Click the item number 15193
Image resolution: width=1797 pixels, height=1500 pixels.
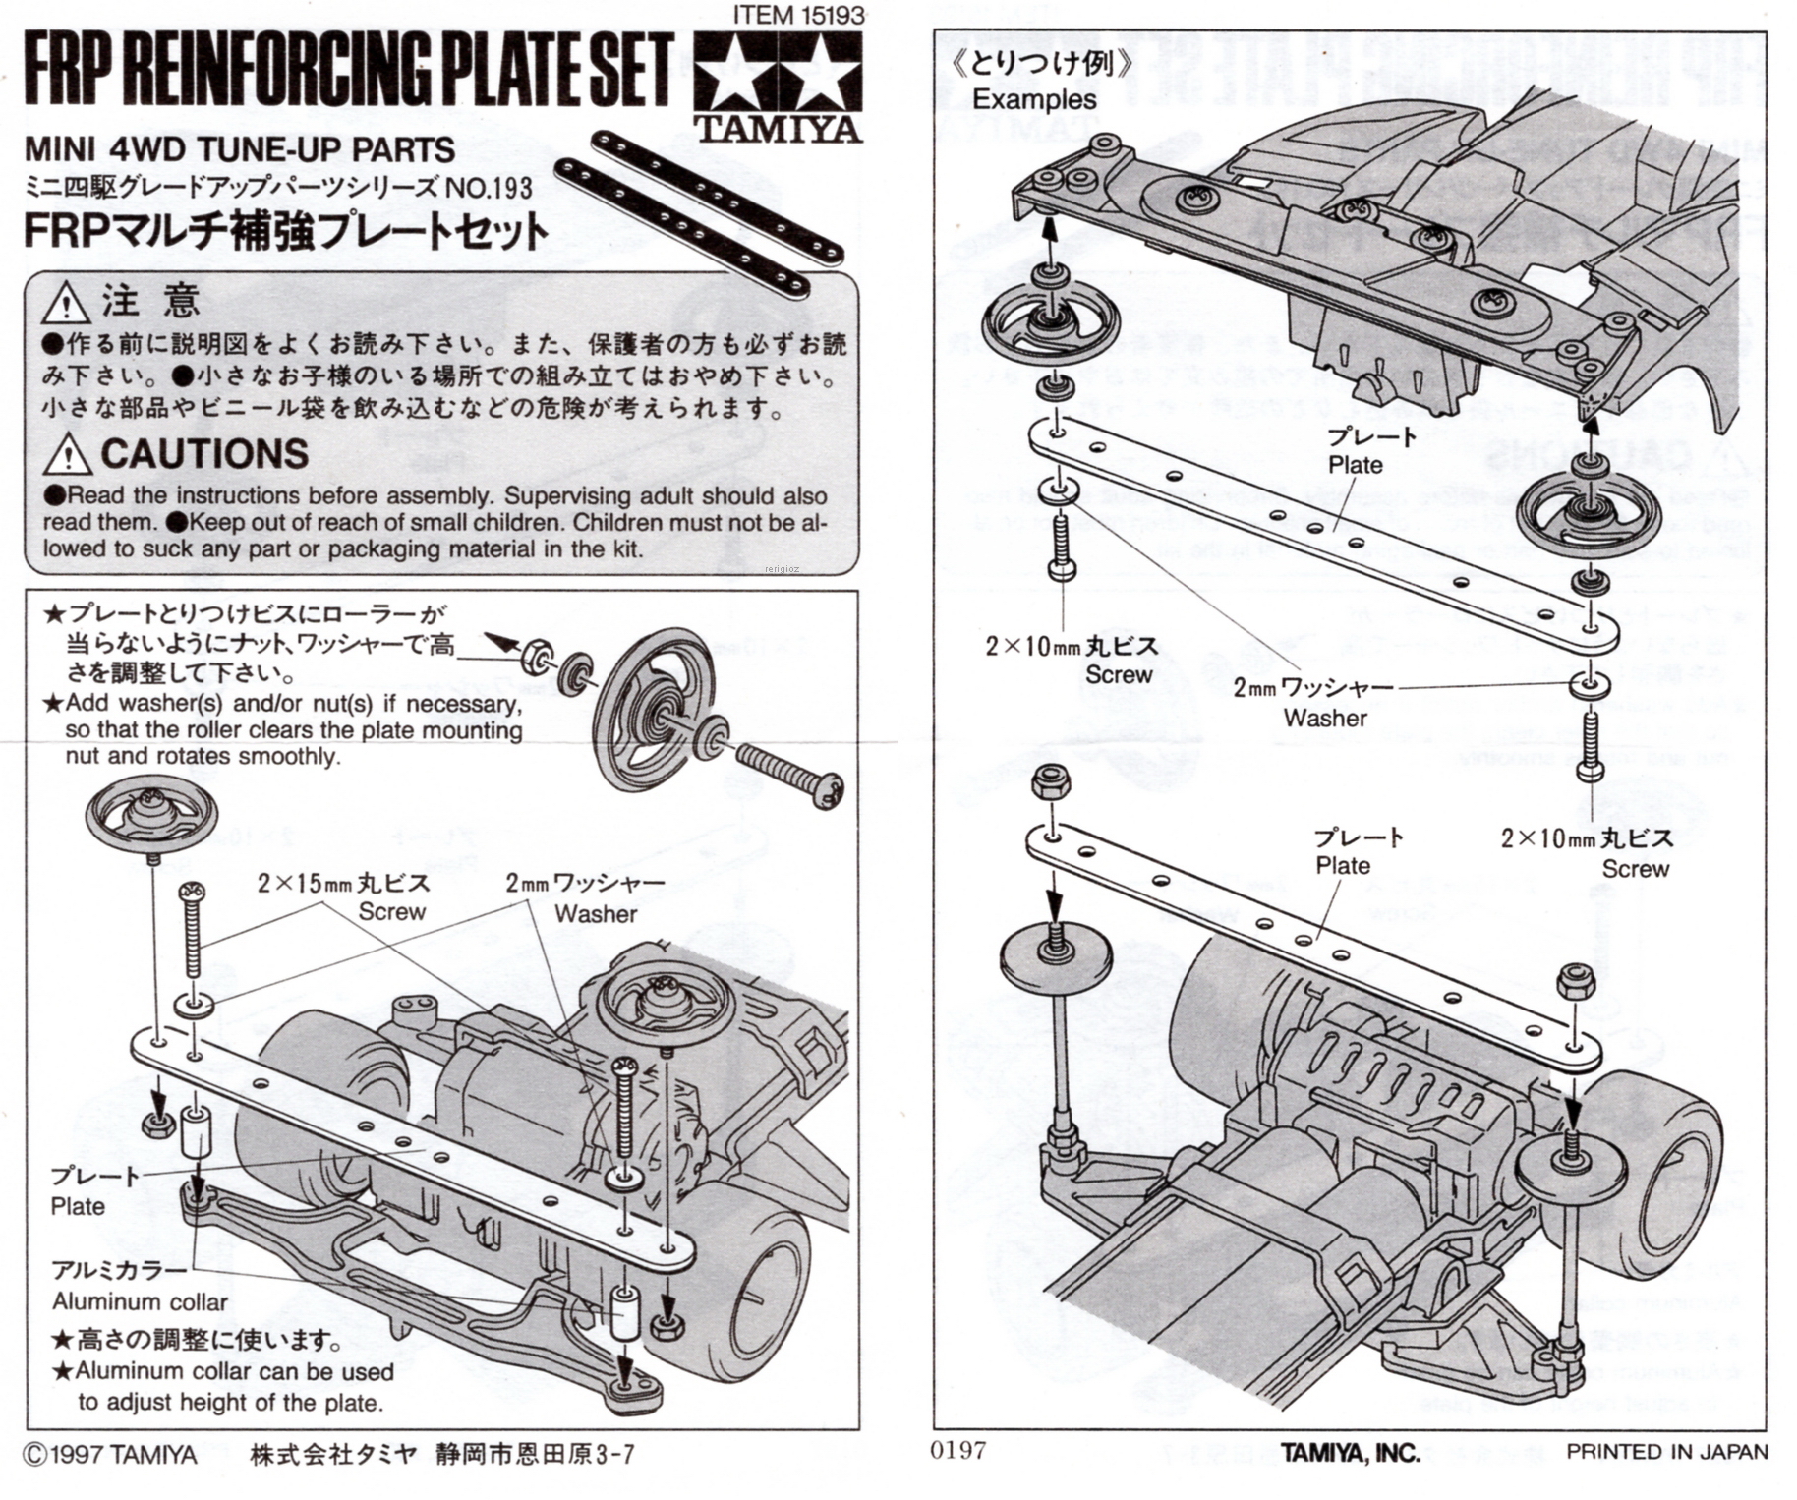coord(798,15)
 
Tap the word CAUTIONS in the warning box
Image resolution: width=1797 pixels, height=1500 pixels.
coord(204,453)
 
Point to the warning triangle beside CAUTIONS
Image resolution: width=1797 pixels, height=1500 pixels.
coord(68,454)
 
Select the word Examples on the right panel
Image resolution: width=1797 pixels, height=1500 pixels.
coord(1034,99)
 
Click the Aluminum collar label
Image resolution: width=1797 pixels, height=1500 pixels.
coord(140,1301)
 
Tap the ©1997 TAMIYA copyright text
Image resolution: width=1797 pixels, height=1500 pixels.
coord(109,1455)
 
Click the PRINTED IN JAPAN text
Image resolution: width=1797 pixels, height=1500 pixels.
coord(1666,1451)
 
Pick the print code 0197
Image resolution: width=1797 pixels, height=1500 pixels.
coord(957,1449)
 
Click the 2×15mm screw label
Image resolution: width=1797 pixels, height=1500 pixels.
coord(343,883)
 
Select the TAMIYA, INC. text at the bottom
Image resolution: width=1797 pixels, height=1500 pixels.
coord(1350,1453)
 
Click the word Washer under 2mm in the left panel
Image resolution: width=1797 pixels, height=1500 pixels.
coord(595,913)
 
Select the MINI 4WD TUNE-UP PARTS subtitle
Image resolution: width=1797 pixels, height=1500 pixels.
coord(239,149)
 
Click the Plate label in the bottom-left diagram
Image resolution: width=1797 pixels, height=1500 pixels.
coord(78,1205)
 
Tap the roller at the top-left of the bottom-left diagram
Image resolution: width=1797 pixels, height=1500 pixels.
coord(150,813)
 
